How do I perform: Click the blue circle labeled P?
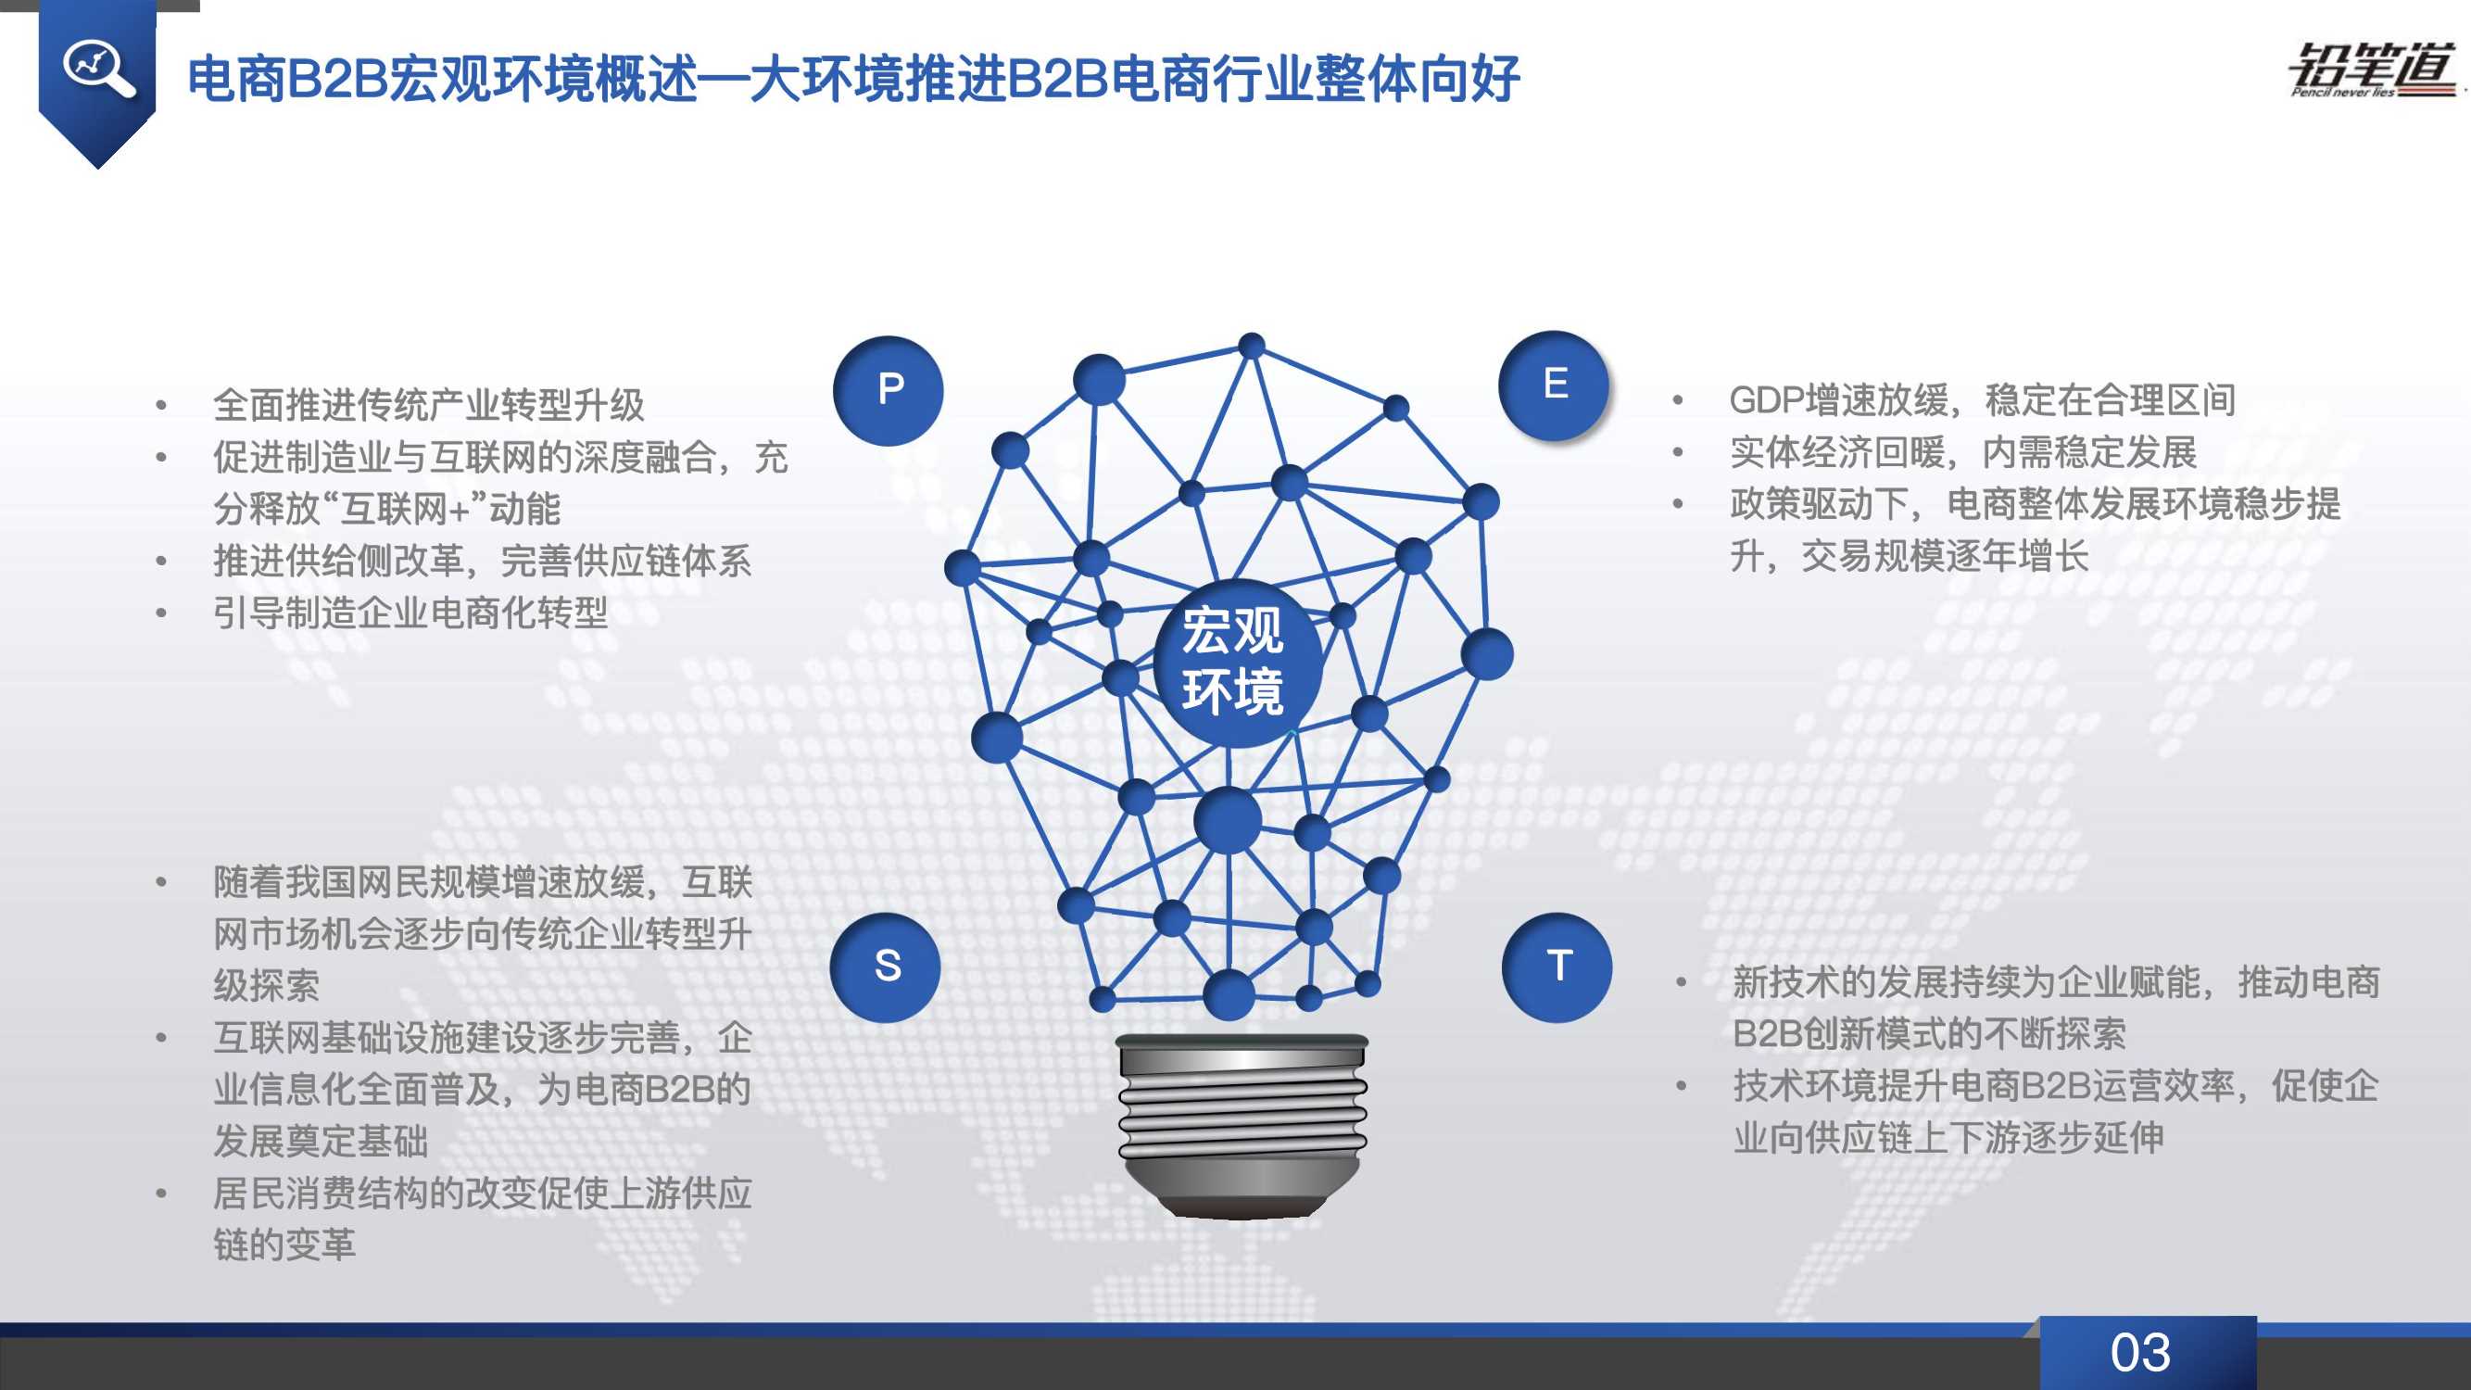[x=889, y=390]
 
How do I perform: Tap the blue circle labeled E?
[x=1554, y=385]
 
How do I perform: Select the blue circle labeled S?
[x=886, y=967]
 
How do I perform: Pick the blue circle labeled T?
[x=1557, y=967]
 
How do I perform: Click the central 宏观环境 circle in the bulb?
[x=1233, y=662]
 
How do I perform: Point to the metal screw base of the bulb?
[x=1242, y=1122]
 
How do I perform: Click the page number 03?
[x=2140, y=1353]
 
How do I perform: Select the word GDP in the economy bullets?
[x=1766, y=401]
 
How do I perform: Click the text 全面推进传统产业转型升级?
[x=428, y=405]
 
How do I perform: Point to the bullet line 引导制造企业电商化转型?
[x=410, y=612]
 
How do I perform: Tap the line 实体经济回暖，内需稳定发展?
[x=1962, y=453]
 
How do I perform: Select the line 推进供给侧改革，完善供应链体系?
[x=482, y=561]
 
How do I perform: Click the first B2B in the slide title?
[x=335, y=79]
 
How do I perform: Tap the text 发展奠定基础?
[x=321, y=1142]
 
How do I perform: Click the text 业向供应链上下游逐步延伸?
[x=1948, y=1138]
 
